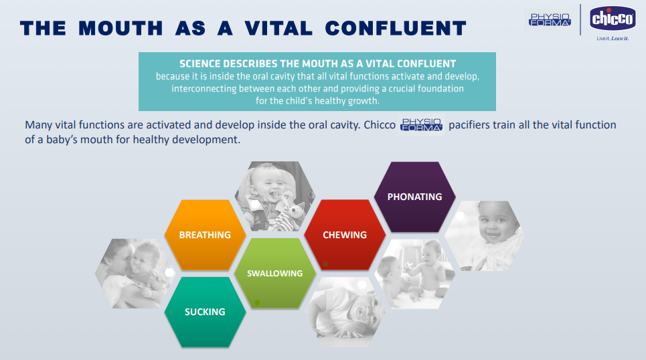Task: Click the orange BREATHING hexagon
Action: coord(205,235)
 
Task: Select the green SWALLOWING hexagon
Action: coord(274,273)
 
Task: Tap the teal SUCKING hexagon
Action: coord(205,312)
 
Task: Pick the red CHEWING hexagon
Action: coord(345,235)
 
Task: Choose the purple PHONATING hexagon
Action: coord(415,197)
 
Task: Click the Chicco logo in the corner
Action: coord(613,19)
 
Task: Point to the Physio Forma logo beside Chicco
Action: coord(550,19)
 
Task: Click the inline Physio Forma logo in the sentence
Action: coord(422,125)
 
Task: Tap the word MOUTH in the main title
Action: coord(120,28)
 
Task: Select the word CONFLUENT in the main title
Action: coord(396,28)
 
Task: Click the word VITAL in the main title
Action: coord(278,28)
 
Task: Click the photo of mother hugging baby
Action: coord(135,274)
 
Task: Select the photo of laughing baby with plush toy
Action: coord(274,197)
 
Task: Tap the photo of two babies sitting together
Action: coord(415,274)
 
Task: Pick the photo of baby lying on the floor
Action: coord(345,312)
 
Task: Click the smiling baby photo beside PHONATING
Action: coord(485,236)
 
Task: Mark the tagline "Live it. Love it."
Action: coord(613,39)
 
